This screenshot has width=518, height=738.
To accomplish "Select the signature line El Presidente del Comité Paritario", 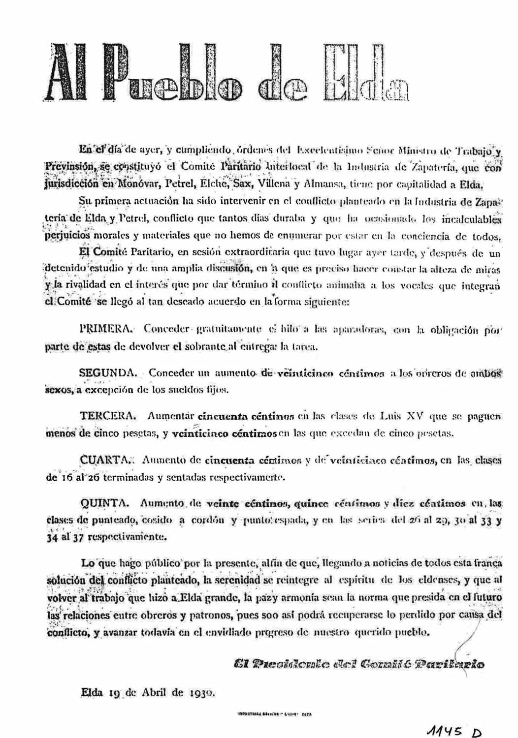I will pos(359,664).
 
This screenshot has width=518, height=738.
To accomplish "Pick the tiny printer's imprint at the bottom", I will pos(276,713).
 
